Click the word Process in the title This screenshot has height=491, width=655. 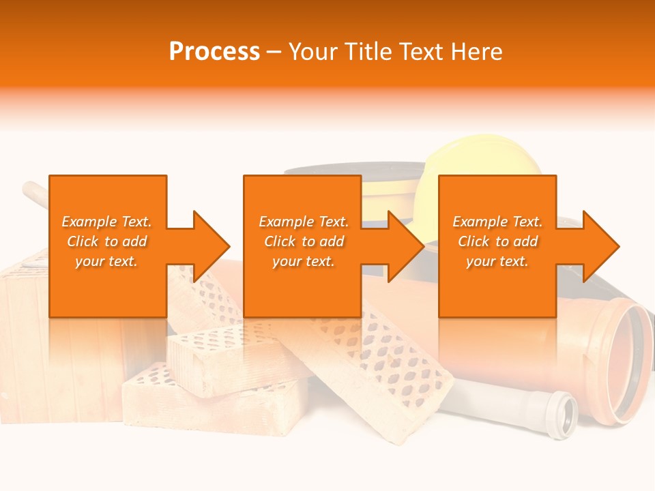coord(214,52)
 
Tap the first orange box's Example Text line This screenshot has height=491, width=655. coord(107,222)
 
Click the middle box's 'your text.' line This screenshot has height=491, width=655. coord(303,261)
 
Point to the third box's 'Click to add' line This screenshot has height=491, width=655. coord(497,241)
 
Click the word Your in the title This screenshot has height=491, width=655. coord(311,52)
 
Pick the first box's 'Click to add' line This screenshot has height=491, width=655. coord(107,241)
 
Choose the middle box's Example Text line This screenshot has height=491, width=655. coord(303,222)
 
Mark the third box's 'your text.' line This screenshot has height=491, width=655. coord(497,261)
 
